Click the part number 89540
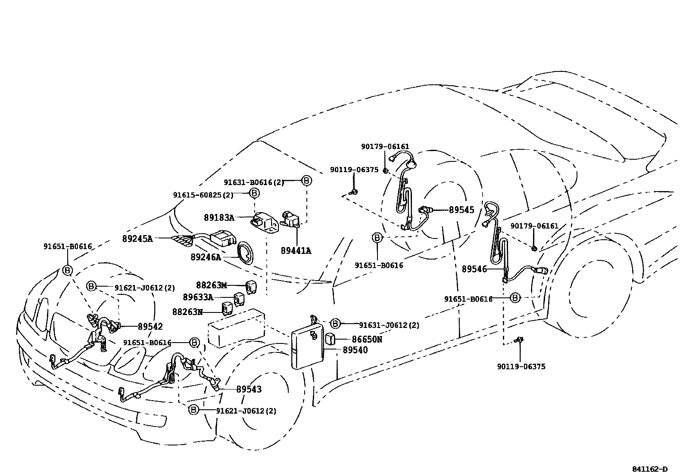(355, 350)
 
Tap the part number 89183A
(219, 218)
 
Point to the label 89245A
(137, 238)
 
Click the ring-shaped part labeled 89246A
(246, 253)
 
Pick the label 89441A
(296, 250)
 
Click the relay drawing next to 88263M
(250, 286)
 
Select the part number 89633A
(198, 297)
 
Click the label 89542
(150, 327)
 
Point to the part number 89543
(249, 389)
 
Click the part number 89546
(474, 269)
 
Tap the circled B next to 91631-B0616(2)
(306, 181)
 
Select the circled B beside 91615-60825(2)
(254, 193)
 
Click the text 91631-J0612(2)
(389, 325)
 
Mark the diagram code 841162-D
(650, 469)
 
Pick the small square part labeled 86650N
(331, 339)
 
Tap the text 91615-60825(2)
(203, 195)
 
